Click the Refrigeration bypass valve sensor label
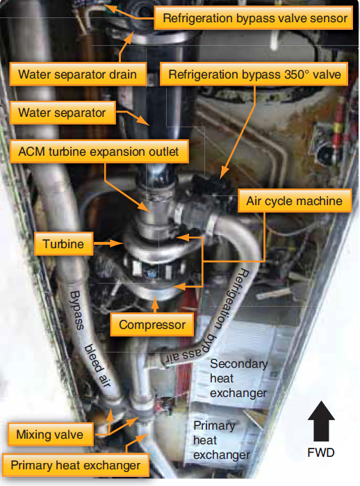(x=253, y=18)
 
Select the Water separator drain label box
(x=78, y=74)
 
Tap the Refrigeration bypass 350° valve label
(x=254, y=74)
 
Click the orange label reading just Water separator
(x=63, y=113)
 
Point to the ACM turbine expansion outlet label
(x=99, y=152)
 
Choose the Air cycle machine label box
(x=295, y=201)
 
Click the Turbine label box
(x=63, y=244)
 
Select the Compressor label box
(x=152, y=325)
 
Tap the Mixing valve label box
(x=50, y=435)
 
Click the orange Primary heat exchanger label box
(x=75, y=465)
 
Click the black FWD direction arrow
(x=321, y=421)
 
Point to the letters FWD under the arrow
(x=321, y=453)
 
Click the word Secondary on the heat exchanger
(x=239, y=364)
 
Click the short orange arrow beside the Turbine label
(x=108, y=243)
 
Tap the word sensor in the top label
(x=329, y=18)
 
